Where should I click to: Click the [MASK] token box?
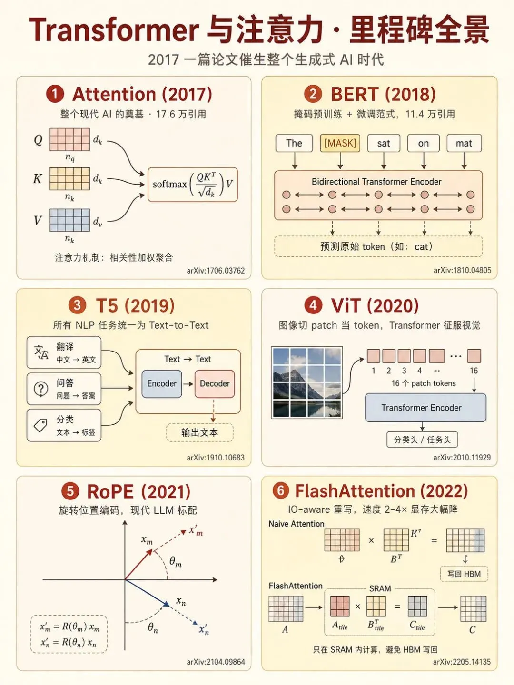pos(340,143)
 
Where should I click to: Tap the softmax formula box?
pos(193,185)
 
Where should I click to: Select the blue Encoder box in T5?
pos(162,383)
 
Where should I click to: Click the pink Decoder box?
pos(215,383)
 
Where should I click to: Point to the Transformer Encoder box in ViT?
pos(425,408)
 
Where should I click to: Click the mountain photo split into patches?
pos(307,382)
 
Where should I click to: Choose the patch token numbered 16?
pos(474,356)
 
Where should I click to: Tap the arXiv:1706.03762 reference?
pos(216,271)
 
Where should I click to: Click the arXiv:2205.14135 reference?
pos(462,662)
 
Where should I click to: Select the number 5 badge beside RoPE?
pos(70,491)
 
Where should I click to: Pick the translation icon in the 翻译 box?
pos(41,352)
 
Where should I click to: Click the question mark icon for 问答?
pos(41,389)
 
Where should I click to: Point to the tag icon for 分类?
pos(40,425)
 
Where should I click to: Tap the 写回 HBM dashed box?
pos(464,574)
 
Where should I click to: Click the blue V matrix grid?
pos(69,220)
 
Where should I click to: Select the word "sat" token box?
pos(384,143)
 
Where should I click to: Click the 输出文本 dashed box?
pos(200,432)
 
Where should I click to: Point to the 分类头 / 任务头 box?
pos(422,440)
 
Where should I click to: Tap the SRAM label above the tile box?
pos(380,588)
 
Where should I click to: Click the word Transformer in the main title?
pos(114,30)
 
